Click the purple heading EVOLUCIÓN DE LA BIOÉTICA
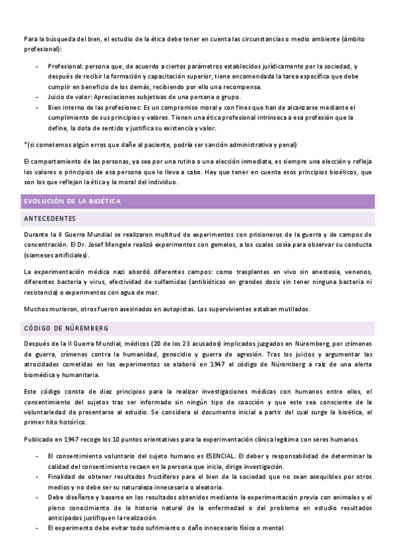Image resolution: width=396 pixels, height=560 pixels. tap(72, 201)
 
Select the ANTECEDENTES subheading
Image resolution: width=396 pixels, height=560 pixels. tap(49, 218)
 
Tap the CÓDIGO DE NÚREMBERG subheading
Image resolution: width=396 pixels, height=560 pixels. tap(66, 328)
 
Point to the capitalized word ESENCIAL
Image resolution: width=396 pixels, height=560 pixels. tap(217, 456)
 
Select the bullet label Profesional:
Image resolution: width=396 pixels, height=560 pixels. tap(66, 67)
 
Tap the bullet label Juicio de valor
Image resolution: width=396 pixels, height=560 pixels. tap(71, 97)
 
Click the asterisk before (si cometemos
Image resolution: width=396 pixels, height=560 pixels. tap(24, 145)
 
